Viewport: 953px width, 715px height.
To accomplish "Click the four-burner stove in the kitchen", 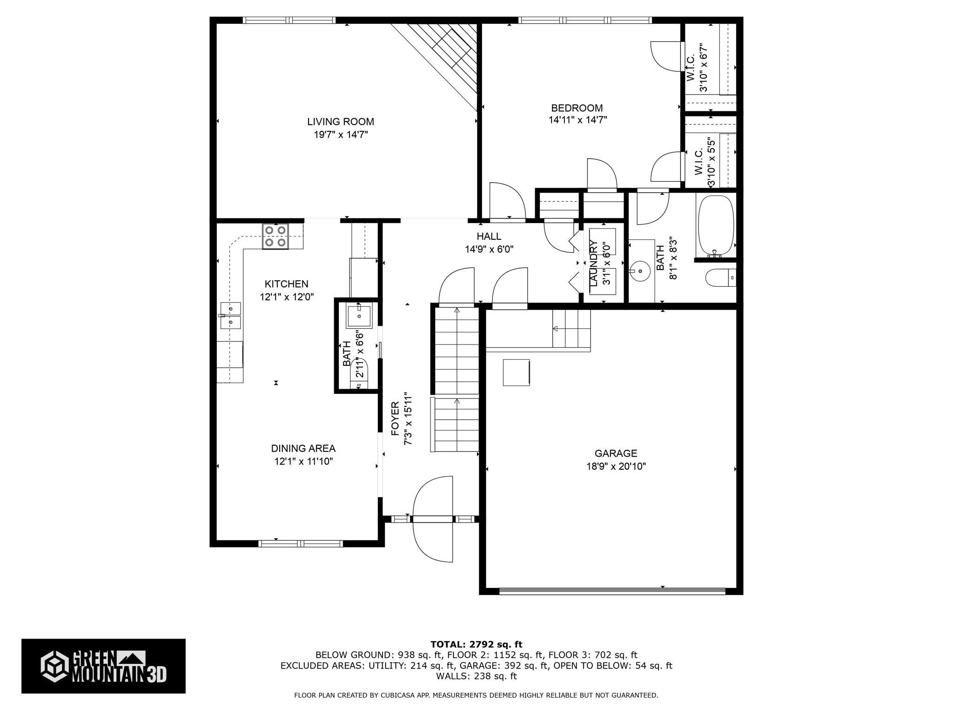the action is (275, 236).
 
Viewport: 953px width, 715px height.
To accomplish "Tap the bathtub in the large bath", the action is (715, 226).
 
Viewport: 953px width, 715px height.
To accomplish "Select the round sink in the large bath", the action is (638, 271).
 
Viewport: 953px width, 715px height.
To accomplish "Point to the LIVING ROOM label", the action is (341, 121).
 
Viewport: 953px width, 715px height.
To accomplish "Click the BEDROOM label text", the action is (577, 108).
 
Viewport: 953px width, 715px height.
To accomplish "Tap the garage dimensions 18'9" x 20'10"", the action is (616, 466).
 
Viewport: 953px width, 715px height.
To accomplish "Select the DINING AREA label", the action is (303, 448).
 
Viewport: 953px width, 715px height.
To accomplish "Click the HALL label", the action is (489, 236).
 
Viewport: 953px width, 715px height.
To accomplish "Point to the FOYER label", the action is (395, 418).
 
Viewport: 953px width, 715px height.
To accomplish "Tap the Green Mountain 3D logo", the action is (103, 666).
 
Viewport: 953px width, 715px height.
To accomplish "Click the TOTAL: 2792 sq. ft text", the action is (476, 644).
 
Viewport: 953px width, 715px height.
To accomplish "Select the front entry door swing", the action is (433, 519).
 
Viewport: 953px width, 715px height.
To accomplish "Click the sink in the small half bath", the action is (359, 315).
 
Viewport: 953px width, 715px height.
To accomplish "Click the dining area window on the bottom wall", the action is (301, 543).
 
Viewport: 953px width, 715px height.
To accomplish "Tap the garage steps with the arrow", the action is (571, 329).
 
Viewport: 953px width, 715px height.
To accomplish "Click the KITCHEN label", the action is (287, 284).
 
